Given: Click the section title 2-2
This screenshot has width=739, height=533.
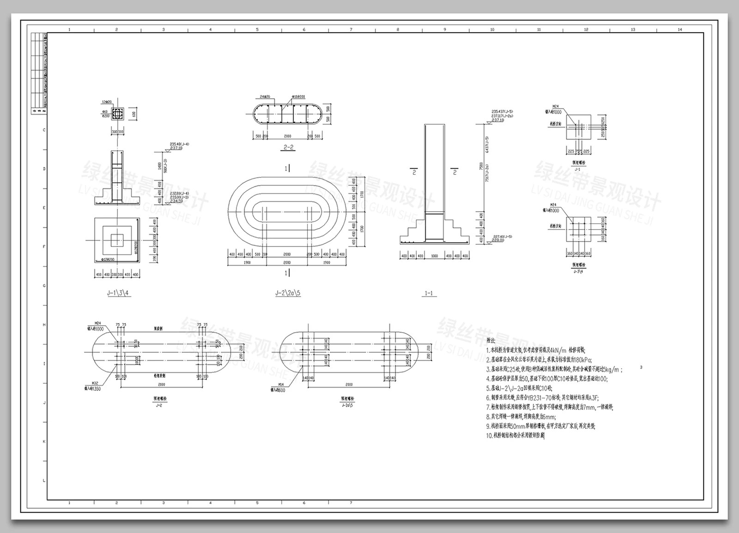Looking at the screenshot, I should click(x=288, y=147).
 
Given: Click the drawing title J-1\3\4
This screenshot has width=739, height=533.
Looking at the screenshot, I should click(x=117, y=293).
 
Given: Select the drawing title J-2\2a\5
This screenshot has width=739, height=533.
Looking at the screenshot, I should click(x=288, y=293).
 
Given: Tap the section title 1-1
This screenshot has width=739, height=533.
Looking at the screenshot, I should click(x=429, y=293).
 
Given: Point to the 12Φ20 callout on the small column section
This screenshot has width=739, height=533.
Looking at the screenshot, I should click(x=107, y=102).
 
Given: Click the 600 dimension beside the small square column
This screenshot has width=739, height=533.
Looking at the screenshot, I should click(x=134, y=114).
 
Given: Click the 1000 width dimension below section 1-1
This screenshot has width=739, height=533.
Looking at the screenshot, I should click(x=434, y=256).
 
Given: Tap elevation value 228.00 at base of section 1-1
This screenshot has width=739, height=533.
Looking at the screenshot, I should click(x=497, y=240).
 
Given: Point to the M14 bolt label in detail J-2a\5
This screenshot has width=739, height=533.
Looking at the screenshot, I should click(x=281, y=384).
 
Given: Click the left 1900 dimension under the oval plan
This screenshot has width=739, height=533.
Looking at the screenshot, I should click(x=246, y=263).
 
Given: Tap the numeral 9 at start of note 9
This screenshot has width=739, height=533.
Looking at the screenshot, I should click(x=488, y=426).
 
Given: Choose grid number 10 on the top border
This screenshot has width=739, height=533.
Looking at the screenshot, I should click(x=492, y=30).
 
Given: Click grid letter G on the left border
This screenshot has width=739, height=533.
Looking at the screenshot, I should click(x=44, y=285).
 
